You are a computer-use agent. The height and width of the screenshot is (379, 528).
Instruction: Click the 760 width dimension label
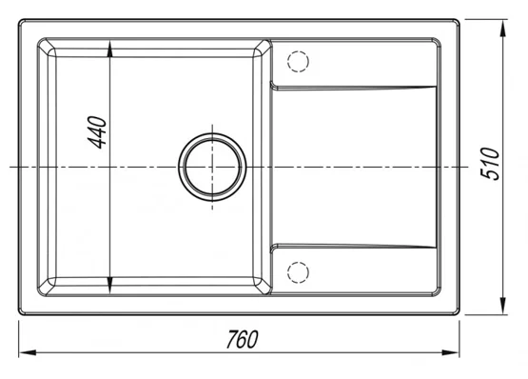242,339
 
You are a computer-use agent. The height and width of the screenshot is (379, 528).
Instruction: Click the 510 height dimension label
489,164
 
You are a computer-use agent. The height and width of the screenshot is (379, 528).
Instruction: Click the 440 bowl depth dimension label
97,132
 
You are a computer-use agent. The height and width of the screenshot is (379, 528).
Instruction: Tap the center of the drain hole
212,168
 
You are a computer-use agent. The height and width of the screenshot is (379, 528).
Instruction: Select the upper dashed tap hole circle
298,61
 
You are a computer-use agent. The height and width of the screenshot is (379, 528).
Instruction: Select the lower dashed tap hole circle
298,272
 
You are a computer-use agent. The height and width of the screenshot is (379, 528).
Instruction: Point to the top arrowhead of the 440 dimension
110,49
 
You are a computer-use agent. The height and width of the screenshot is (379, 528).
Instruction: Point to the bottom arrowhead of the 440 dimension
110,286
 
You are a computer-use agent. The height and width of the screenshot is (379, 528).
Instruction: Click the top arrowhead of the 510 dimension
503,29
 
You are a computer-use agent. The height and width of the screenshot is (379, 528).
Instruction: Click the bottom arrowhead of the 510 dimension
503,306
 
